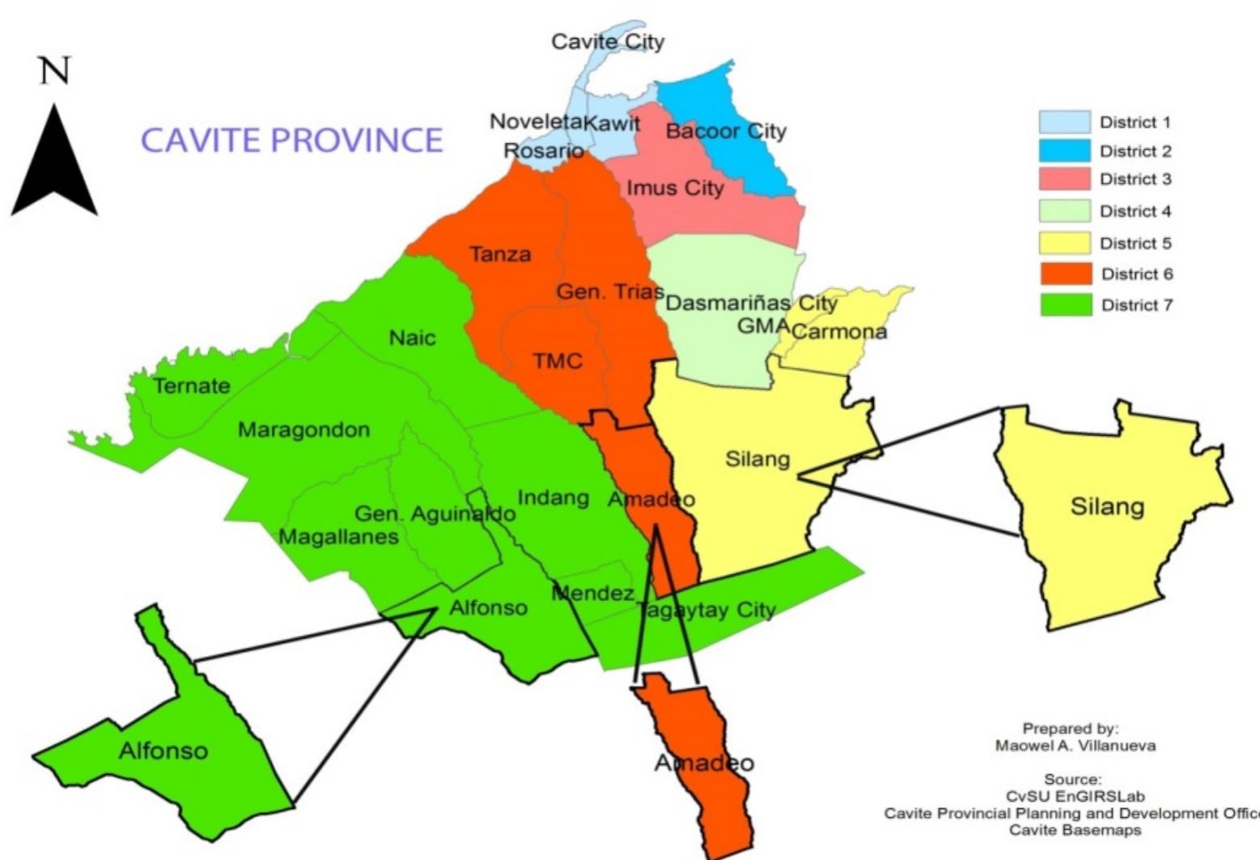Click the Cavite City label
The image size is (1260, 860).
[x=608, y=42]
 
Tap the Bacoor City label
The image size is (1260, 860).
[x=726, y=131]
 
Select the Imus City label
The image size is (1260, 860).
[x=675, y=189]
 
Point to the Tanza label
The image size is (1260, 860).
[x=501, y=254]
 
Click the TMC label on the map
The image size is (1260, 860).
[x=558, y=360]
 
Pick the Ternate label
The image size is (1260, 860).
[x=192, y=386]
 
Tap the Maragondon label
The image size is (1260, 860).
[x=303, y=430]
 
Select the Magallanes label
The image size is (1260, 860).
[x=338, y=537]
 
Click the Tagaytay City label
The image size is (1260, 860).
[x=706, y=610]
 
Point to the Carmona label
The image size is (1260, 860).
[x=839, y=332]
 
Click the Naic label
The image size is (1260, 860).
[x=412, y=338]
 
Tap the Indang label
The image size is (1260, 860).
[x=553, y=497]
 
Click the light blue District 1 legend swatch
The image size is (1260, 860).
[x=1064, y=122]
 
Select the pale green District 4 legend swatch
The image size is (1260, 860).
[x=1064, y=211]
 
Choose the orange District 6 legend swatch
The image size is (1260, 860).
[x=1064, y=275]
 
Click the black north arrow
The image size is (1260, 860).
[x=54, y=166]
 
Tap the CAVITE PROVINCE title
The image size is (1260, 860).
[x=292, y=140]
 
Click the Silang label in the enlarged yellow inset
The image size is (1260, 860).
[x=1107, y=508]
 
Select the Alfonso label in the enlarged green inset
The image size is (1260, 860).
[x=163, y=751]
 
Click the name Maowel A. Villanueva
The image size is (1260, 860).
[x=1075, y=746]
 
